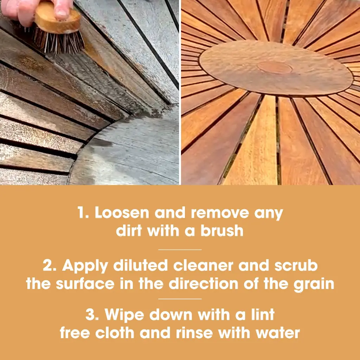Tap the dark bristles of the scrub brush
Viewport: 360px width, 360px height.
[59, 41]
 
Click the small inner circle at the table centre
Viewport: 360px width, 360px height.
[275, 67]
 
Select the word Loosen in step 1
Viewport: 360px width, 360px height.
[122, 213]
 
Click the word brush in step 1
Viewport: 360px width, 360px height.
[222, 231]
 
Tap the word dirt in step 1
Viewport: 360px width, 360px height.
[129, 231]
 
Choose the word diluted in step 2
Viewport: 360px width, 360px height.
[141, 265]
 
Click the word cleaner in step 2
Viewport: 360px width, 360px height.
[203, 266]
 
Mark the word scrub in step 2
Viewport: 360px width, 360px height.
[296, 265]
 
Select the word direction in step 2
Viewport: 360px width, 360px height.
[204, 284]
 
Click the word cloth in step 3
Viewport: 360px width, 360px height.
[115, 333]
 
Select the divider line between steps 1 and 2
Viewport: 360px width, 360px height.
[180, 250]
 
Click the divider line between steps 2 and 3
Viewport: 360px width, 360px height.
[180, 299]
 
